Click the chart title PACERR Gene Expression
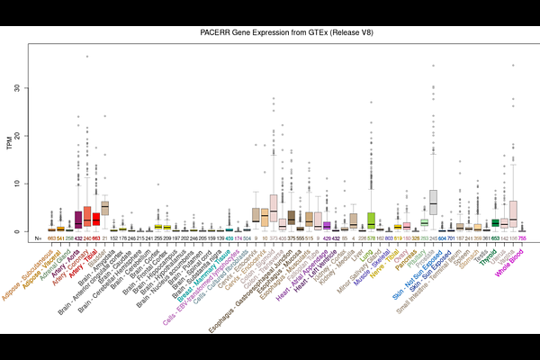(x=269, y=32)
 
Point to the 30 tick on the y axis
(x=30, y=88)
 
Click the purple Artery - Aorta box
(x=78, y=220)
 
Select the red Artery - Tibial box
(x=95, y=219)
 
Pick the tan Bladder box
(x=104, y=208)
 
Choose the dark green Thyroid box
(x=495, y=222)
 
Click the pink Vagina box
(x=513, y=213)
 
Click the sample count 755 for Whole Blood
(x=522, y=238)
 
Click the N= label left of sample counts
(x=38, y=238)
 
